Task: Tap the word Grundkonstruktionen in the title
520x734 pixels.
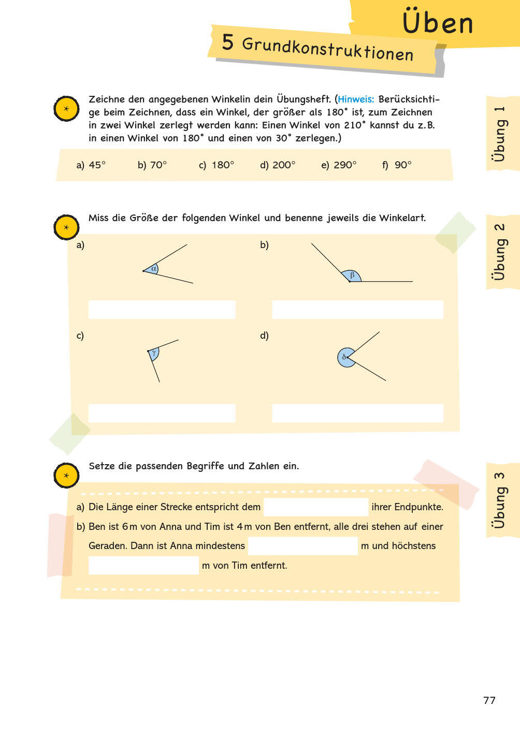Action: click(x=328, y=49)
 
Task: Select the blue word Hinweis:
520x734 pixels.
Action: click(x=356, y=99)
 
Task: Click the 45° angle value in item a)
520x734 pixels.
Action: click(x=97, y=165)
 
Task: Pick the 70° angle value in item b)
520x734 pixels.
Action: click(x=158, y=165)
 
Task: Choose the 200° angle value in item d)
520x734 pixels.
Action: click(x=284, y=165)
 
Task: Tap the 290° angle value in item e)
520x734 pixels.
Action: click(x=345, y=165)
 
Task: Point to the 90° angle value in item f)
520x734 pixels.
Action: click(x=403, y=165)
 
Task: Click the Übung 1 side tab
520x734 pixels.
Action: click(x=499, y=133)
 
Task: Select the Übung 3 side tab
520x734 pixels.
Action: click(x=499, y=500)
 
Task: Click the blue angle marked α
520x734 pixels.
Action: click(x=152, y=269)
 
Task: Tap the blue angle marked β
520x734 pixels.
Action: click(x=352, y=276)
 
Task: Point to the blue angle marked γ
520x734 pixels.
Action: click(x=153, y=354)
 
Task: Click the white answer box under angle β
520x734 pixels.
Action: click(x=357, y=309)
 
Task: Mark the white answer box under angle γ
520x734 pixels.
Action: click(x=162, y=413)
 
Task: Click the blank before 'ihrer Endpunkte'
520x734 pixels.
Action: click(x=316, y=507)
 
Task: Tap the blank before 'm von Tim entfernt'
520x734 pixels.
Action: click(x=143, y=565)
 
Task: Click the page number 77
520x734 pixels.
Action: click(x=489, y=700)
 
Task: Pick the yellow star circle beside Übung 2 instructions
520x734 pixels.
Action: click(x=66, y=227)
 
